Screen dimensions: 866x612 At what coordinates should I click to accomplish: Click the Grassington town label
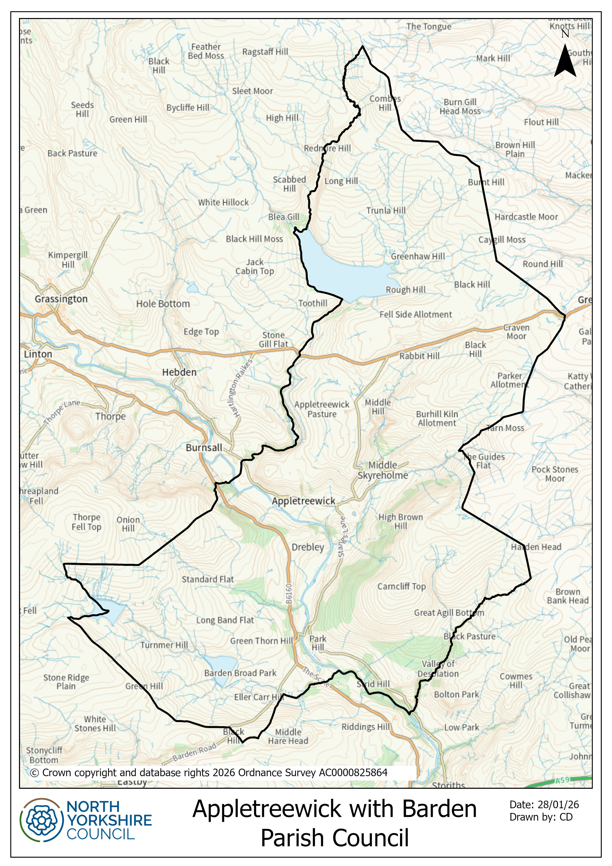[x=61, y=299]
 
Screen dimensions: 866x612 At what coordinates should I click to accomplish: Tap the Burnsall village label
[x=204, y=448]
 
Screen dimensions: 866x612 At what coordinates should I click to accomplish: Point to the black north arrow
[x=565, y=61]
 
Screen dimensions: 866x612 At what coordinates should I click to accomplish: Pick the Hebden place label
[x=179, y=372]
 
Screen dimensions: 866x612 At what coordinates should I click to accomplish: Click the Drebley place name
[x=308, y=547]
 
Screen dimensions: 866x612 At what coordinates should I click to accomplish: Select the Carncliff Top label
[x=402, y=587]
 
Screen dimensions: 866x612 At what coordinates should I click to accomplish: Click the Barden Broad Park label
[x=240, y=673]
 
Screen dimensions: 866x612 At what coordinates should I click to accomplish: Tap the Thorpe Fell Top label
[x=86, y=522]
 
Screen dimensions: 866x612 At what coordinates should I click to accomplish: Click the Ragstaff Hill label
[x=265, y=52]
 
